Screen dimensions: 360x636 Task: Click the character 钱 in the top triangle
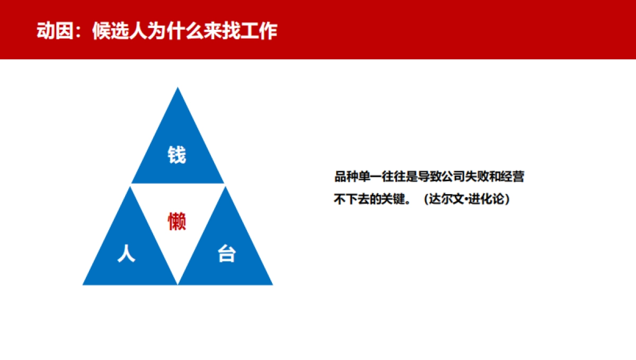point(177,155)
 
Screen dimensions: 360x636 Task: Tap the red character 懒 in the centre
point(177,221)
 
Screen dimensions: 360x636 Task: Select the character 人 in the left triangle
point(126,253)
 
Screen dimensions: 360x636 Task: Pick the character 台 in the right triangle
point(226,254)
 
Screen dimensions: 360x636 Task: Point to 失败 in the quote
point(476,177)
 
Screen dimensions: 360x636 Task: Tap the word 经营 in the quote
point(513,177)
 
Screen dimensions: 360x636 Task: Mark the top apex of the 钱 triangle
point(178,88)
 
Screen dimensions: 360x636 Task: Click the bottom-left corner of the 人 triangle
point(83,284)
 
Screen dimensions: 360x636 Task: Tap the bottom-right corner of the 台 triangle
point(272,284)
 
